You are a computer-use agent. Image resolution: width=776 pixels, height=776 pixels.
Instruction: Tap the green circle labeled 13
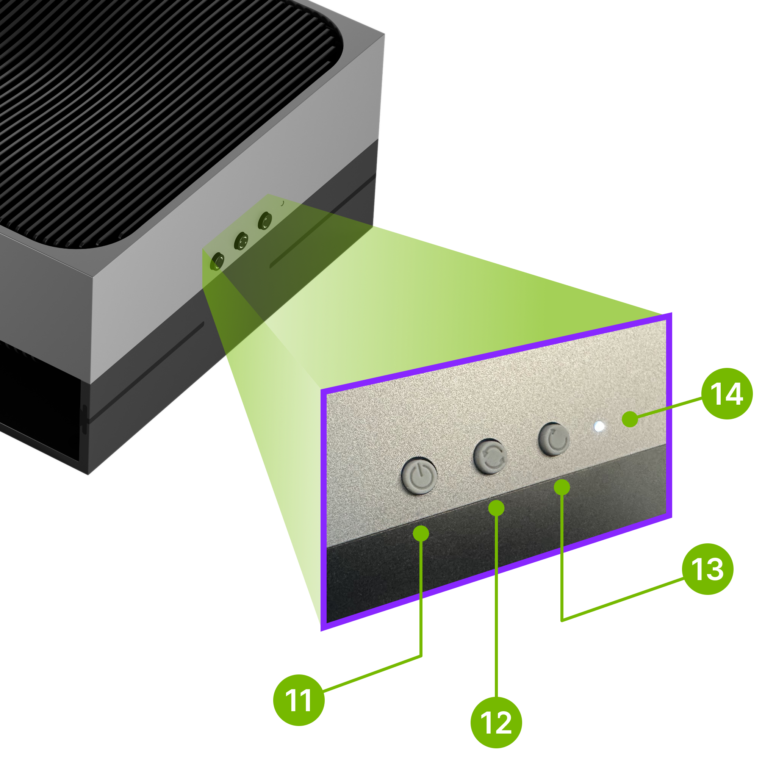click(707, 569)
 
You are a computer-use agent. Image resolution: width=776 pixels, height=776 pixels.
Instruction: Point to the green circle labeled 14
click(727, 394)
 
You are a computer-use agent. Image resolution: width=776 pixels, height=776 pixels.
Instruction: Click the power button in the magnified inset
click(419, 477)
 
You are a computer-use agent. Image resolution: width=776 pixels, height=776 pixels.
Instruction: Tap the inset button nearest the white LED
click(554, 439)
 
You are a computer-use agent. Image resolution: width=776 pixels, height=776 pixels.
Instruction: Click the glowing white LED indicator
click(599, 427)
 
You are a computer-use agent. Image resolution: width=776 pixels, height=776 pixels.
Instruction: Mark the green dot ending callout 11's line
click(421, 533)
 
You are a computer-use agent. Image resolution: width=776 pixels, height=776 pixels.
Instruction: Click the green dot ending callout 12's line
click(496, 508)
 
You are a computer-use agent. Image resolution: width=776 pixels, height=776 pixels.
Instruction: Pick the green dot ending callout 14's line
click(630, 419)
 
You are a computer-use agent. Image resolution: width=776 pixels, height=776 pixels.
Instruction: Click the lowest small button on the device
click(217, 261)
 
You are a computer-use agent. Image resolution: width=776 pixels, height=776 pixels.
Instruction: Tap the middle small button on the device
click(241, 241)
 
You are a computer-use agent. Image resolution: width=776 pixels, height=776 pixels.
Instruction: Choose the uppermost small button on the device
click(265, 221)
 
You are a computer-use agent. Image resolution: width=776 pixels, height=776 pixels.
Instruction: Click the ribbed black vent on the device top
click(161, 100)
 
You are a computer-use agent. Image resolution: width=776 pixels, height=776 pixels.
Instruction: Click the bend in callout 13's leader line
click(562, 621)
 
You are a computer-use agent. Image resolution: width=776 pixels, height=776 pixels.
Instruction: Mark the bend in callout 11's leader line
click(421, 656)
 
